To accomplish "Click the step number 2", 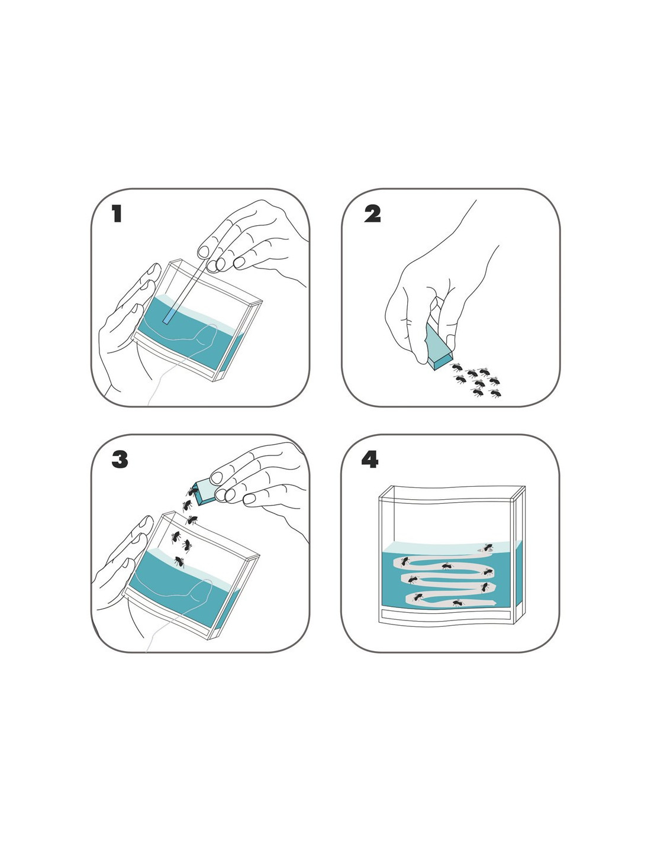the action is [x=372, y=214].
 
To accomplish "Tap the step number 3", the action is [x=120, y=460].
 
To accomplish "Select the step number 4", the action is [x=369, y=460].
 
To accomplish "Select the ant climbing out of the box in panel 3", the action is [x=192, y=491].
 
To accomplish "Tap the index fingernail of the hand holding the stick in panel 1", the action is [x=203, y=251].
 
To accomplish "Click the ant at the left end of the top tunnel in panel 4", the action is [x=404, y=562].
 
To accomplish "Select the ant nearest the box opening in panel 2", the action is [x=456, y=367].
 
